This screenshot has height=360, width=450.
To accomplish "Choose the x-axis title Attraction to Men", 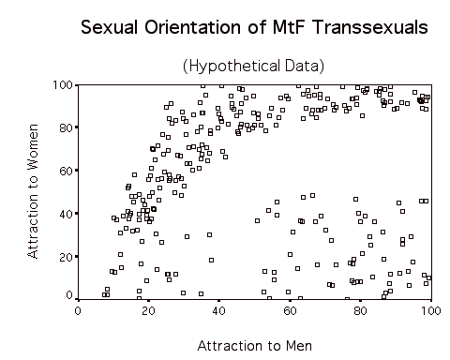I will pyautogui.click(x=253, y=345).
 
